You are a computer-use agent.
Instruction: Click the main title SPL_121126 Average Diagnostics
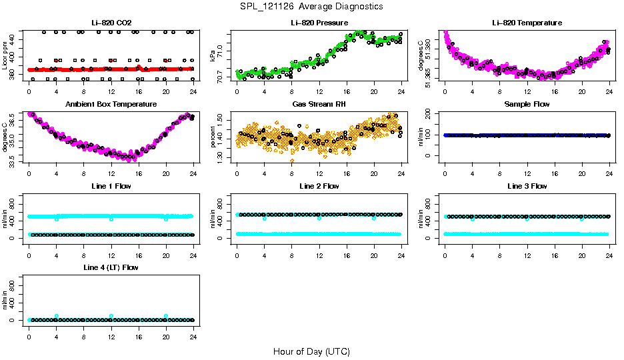tap(312, 6)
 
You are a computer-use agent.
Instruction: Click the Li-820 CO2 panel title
tap(111, 23)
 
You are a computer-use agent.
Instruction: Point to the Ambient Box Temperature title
tap(111, 105)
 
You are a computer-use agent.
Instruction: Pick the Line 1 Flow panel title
tap(111, 186)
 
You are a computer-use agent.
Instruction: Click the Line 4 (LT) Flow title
tap(111, 267)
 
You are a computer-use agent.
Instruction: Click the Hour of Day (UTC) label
tap(311, 351)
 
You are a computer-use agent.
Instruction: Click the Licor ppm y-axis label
tap(5, 56)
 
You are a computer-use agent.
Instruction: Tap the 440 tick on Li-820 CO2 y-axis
tap(15, 39)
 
